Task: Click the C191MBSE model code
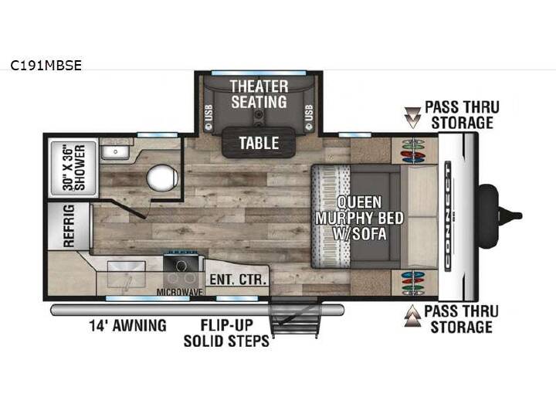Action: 46,65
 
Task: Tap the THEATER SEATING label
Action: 259,94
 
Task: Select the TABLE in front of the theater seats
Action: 259,143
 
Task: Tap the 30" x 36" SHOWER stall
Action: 74,168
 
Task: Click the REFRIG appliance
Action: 69,225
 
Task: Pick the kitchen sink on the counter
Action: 126,274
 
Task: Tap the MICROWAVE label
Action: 180,292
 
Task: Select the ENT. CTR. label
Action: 238,280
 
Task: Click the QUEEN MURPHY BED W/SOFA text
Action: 360,218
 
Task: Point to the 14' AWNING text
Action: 127,326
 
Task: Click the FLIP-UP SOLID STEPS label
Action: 226,333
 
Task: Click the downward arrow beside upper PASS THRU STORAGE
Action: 412,117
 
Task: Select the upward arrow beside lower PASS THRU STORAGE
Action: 412,316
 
